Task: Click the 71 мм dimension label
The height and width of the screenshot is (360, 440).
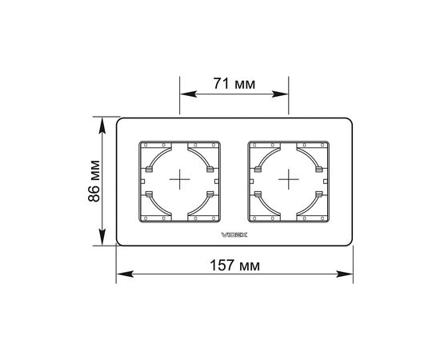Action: pyautogui.click(x=234, y=84)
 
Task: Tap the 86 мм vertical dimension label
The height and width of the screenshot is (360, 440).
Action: pyautogui.click(x=94, y=181)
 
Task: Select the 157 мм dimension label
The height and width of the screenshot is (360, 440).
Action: pyautogui.click(x=235, y=265)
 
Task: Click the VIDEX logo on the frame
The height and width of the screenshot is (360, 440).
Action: pyautogui.click(x=234, y=234)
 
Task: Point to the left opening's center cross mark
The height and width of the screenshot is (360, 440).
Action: pyautogui.click(x=179, y=179)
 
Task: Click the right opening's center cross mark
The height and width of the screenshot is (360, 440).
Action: pyautogui.click(x=289, y=179)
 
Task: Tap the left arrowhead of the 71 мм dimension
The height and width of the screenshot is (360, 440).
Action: pyautogui.click(x=188, y=94)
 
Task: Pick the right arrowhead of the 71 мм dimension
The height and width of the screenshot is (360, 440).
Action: pyautogui.click(x=280, y=94)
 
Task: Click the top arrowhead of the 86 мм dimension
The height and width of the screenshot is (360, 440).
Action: pyautogui.click(x=102, y=126)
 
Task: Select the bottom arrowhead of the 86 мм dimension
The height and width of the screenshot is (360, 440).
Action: pyautogui.click(x=102, y=238)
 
